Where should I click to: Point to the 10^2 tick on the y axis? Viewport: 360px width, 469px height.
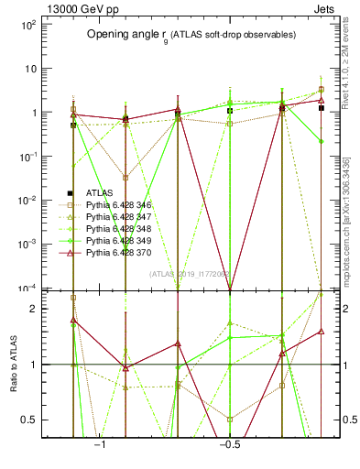pyautogui.click(x=27, y=25)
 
